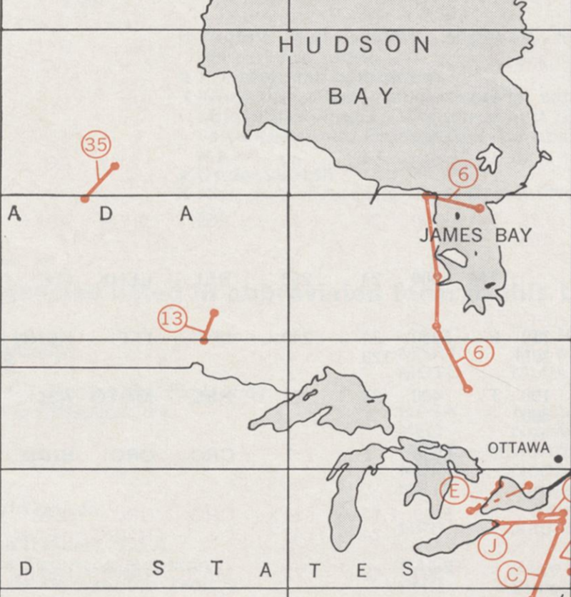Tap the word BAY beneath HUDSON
361,96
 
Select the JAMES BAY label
475,235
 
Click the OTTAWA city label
519,448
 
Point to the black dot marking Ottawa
558,458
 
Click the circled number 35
96,146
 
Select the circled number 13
172,318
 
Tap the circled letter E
453,491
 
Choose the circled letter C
512,574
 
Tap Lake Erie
457,543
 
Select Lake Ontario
521,493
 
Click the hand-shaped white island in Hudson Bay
490,157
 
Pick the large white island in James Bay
451,257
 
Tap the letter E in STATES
360,570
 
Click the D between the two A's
106,213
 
